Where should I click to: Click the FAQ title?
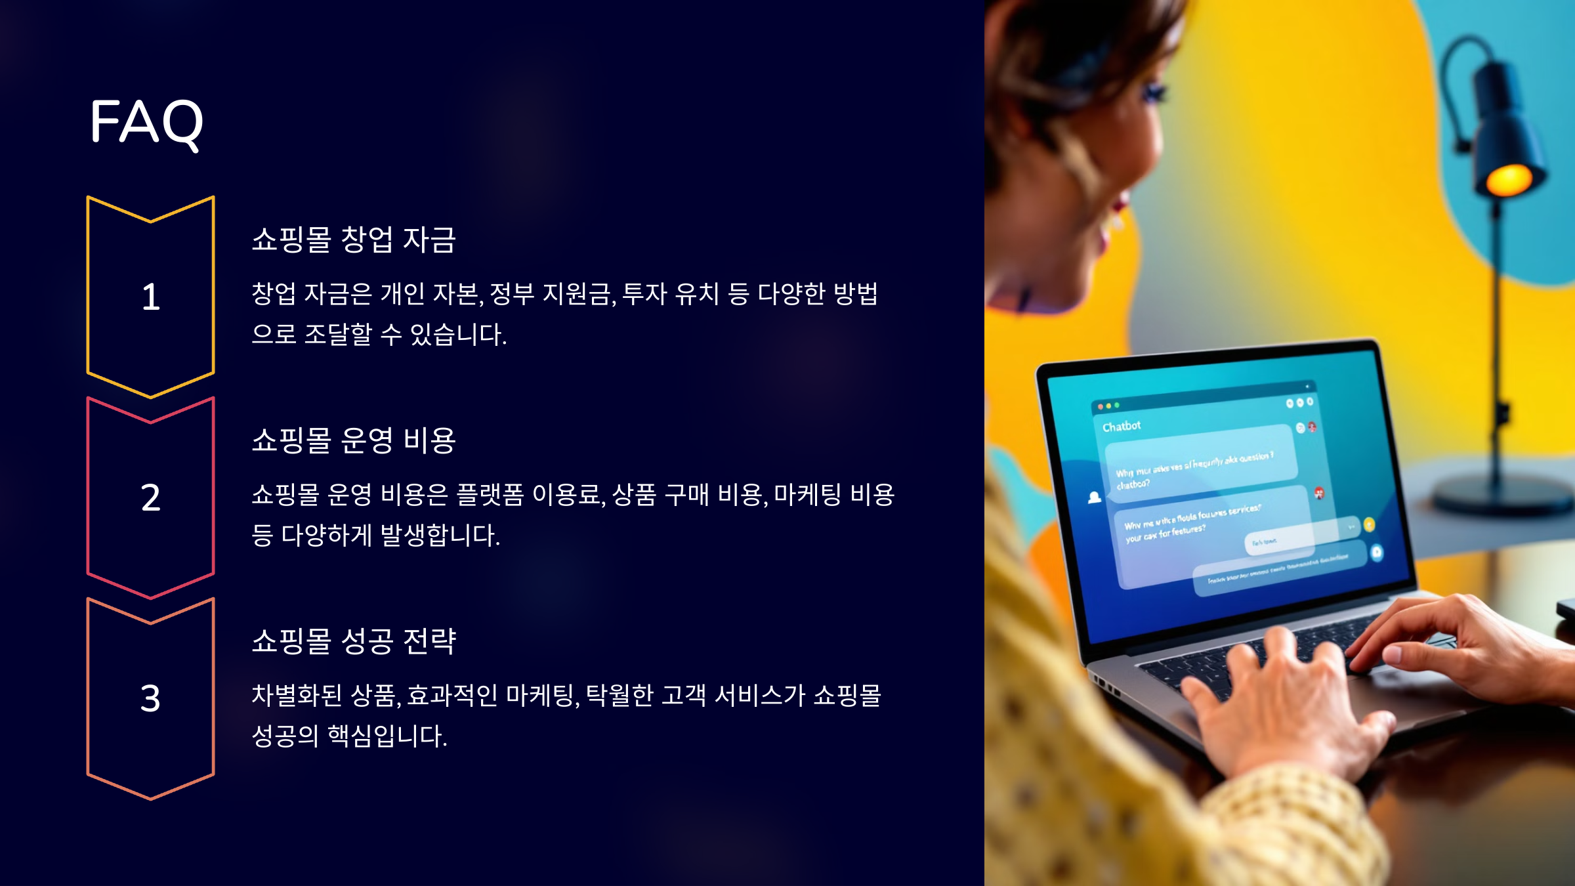tap(146, 122)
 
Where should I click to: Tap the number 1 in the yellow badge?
tap(151, 297)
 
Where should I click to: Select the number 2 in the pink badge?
tap(151, 497)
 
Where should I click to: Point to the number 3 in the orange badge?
tap(150, 698)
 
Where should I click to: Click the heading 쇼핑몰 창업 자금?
tap(354, 240)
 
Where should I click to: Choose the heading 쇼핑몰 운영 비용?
tap(354, 440)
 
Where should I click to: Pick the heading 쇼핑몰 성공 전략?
tap(354, 641)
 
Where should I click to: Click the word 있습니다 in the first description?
tap(457, 335)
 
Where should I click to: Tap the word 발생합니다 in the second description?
tap(440, 536)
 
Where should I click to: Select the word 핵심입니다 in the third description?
tap(387, 736)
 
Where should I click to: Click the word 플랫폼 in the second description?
tap(490, 495)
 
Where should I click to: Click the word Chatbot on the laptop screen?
tap(1122, 427)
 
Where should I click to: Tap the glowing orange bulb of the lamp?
tap(1508, 179)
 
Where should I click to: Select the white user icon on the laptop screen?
tap(1094, 497)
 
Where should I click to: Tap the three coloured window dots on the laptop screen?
tap(1108, 406)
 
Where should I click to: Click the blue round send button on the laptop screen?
tap(1376, 553)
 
